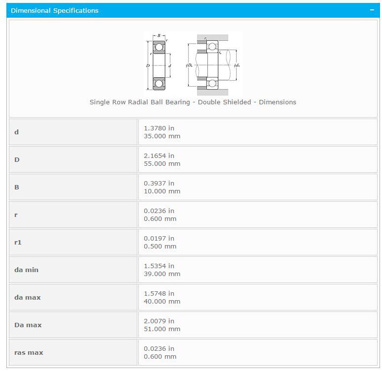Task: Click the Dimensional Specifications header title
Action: tap(55, 10)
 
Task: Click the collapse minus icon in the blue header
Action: tap(372, 10)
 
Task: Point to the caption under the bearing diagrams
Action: tap(192, 102)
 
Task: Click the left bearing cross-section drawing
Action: tap(159, 64)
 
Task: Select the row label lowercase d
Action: tap(17, 132)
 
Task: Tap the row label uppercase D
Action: tap(17, 159)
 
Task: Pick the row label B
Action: tap(17, 187)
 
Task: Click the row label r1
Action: tap(18, 242)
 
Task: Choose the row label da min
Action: tap(26, 270)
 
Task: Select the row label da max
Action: tap(28, 297)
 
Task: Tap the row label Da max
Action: tap(28, 325)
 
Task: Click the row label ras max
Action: tap(29, 352)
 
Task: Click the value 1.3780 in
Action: tap(159, 128)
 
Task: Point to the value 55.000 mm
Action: tap(162, 163)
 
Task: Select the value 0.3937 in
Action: tap(159, 183)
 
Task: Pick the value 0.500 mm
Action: tap(160, 246)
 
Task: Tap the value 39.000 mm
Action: tap(162, 274)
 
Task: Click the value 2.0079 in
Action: tap(159, 321)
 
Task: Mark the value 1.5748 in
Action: tap(159, 293)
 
